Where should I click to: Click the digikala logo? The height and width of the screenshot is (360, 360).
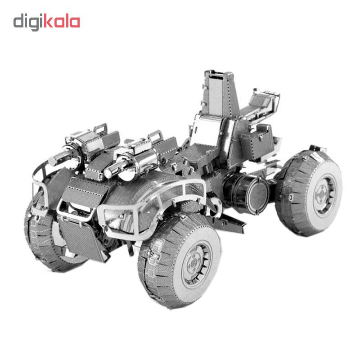click(x=47, y=22)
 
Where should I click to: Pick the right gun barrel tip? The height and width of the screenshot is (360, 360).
click(x=108, y=174)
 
